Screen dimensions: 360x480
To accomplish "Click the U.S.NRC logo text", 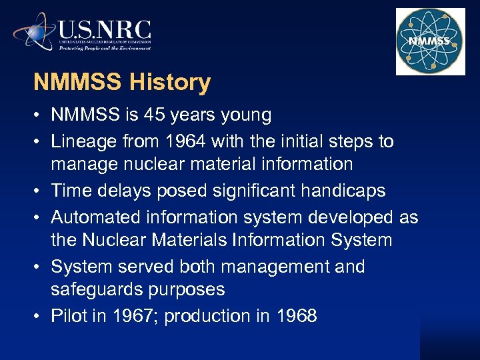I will (x=105, y=30).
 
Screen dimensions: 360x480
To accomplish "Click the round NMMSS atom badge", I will (x=430, y=41).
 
